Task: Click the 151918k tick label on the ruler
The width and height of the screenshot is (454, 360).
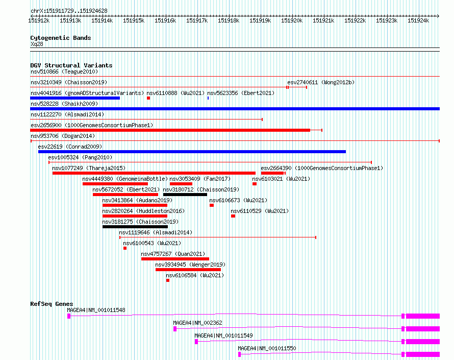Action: [x=228, y=20]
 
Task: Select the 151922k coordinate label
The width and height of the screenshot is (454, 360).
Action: [x=355, y=20]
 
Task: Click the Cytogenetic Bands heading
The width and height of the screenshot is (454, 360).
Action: [x=60, y=38]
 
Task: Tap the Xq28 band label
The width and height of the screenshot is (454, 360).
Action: [x=37, y=44]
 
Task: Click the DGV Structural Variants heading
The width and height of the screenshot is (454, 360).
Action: [x=71, y=65]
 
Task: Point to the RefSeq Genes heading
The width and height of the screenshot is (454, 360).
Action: [x=52, y=304]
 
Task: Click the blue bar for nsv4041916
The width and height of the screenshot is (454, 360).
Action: [x=75, y=98]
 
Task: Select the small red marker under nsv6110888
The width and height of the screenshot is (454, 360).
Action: [x=148, y=98]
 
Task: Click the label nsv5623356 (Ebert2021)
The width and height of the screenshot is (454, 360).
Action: [x=240, y=93]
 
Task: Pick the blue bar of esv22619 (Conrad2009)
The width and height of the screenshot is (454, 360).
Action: [x=192, y=152]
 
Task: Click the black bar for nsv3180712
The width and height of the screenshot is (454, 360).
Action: [x=185, y=195]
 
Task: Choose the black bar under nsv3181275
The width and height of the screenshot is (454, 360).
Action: [x=135, y=227]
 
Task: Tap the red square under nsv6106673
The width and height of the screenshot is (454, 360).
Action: [x=212, y=205]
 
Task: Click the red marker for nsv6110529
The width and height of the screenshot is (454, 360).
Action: [x=233, y=216]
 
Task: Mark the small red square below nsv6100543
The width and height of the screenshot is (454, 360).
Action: [x=125, y=248]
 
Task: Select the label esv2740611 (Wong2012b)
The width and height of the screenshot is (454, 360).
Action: [x=320, y=82]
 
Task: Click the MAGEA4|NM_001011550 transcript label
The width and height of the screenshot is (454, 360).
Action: [x=267, y=348]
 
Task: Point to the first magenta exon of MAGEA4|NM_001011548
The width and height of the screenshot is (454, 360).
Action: [x=69, y=316]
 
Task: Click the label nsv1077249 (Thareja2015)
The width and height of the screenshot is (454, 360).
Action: [x=88, y=168]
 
